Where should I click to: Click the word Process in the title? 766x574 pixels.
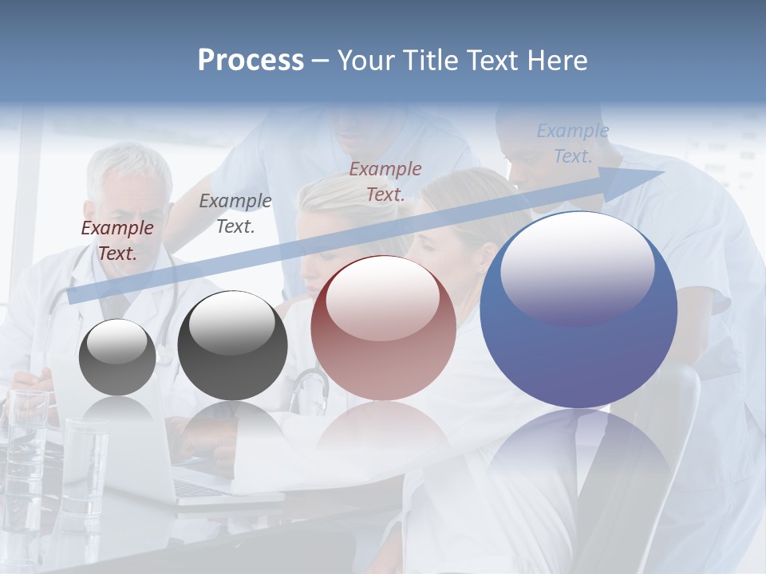click(x=251, y=61)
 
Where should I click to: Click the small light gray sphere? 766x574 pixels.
click(x=117, y=357)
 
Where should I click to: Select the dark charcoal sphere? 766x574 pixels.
click(x=232, y=346)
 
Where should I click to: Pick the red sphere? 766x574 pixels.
click(x=383, y=328)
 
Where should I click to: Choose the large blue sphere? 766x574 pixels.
click(x=578, y=309)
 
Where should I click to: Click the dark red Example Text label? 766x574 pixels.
click(x=117, y=241)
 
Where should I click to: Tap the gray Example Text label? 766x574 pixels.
click(x=235, y=214)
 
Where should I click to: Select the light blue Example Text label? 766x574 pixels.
click(x=572, y=143)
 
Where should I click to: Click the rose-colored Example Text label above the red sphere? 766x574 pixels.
click(x=385, y=181)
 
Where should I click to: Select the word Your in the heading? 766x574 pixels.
click(x=367, y=61)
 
